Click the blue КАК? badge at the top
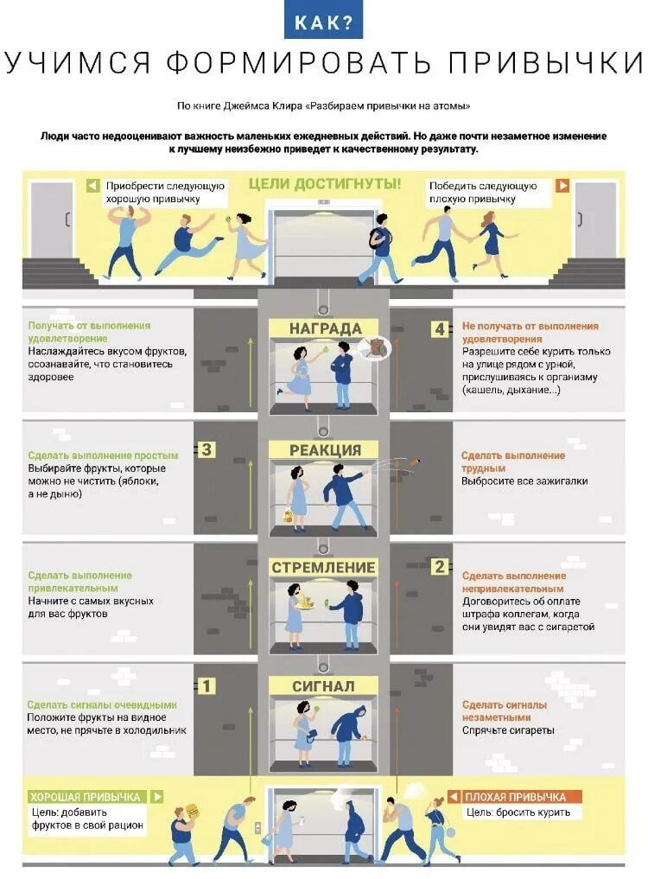click(324, 22)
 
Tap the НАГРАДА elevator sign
click(324, 328)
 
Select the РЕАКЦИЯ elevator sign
click(324, 449)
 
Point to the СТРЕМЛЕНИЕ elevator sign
click(324, 567)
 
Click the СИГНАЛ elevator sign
click(324, 685)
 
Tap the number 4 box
click(440, 329)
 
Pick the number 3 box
click(207, 449)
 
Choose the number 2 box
click(440, 567)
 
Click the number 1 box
click(207, 686)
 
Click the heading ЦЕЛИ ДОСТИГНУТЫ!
click(324, 184)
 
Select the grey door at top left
click(53, 220)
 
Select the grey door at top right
click(596, 220)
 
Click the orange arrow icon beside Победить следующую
click(562, 186)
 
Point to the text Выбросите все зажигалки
click(512, 481)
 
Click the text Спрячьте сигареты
click(508, 730)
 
